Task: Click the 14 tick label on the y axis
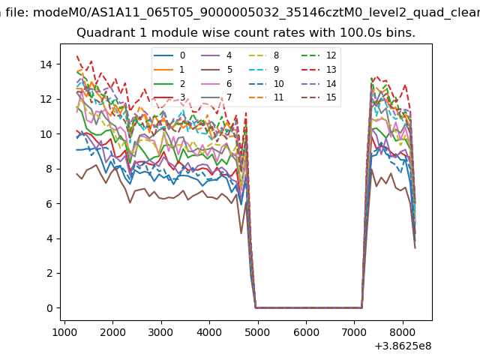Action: pos(46,64)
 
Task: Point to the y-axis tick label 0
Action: pos(49,308)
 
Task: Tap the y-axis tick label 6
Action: pos(49,204)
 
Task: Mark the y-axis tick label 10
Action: pos(46,134)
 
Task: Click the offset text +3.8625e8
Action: pos(403,346)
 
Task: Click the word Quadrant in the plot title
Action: pos(101,34)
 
